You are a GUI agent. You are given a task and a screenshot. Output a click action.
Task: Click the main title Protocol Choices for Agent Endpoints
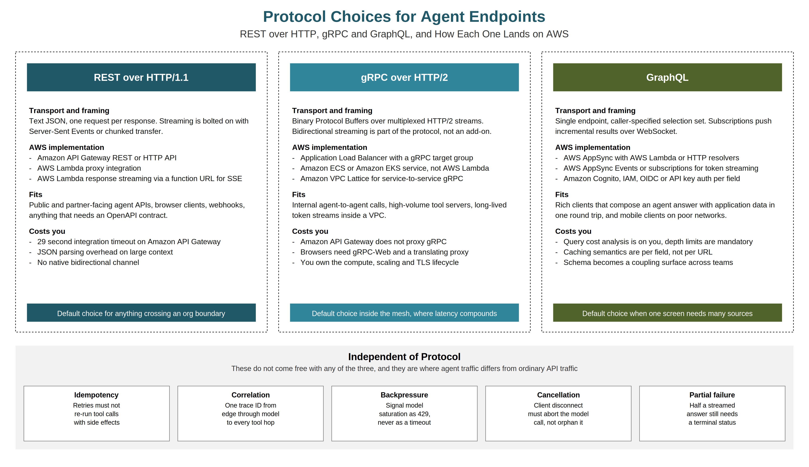[404, 17]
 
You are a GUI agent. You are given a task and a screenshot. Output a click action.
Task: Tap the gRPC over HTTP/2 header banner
[404, 77]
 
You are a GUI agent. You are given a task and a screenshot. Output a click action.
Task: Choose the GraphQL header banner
[667, 77]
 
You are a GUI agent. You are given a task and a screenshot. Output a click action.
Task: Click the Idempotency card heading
[97, 395]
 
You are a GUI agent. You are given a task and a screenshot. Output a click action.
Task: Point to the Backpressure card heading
[404, 395]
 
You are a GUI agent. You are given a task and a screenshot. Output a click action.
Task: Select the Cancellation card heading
[558, 395]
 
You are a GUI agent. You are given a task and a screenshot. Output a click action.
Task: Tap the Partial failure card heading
[712, 395]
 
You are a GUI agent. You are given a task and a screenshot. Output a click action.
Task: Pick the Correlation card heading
[251, 395]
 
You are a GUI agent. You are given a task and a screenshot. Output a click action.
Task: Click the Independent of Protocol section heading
[404, 357]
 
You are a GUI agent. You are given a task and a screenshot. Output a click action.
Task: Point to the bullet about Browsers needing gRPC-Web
[384, 252]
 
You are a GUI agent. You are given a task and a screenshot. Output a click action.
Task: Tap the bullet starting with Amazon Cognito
[652, 178]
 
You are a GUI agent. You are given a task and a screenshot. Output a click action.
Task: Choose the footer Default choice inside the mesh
[404, 313]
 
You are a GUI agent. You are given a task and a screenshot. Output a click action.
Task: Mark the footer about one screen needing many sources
[667, 313]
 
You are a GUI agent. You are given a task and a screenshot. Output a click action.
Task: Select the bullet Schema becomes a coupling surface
[648, 262]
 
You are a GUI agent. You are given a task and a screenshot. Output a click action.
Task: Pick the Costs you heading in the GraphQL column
[573, 231]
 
